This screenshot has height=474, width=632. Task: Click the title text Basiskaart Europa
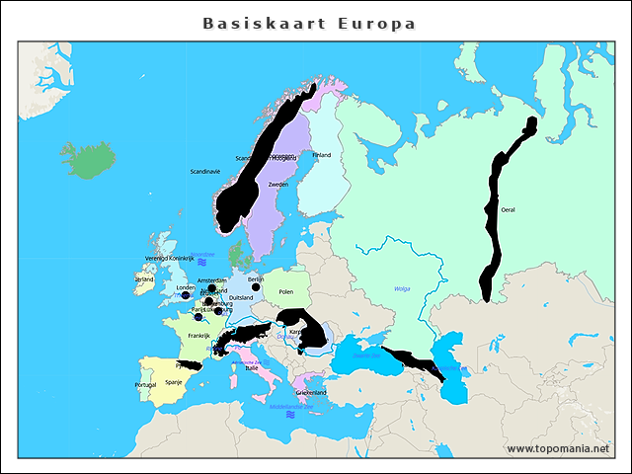[309, 23]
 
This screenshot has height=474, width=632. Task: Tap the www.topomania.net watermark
[558, 448]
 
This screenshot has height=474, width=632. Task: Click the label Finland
[322, 155]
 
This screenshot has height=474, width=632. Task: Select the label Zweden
[278, 185]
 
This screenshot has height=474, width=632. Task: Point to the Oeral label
[509, 209]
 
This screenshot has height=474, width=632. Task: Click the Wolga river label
[402, 288]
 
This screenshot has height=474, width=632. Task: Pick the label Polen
[286, 292]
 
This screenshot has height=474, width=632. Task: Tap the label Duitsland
[241, 297]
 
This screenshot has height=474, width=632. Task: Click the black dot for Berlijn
[256, 287]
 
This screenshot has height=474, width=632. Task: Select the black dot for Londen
[186, 294]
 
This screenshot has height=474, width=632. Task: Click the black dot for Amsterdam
[211, 288]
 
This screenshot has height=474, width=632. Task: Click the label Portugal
[145, 384]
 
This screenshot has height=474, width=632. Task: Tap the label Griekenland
[311, 392]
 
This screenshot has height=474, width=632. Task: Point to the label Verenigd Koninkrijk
[170, 259]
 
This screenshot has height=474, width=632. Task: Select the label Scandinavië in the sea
[205, 171]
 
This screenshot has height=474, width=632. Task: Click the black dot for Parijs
[198, 317]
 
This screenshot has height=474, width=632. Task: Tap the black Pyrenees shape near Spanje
[188, 363]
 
